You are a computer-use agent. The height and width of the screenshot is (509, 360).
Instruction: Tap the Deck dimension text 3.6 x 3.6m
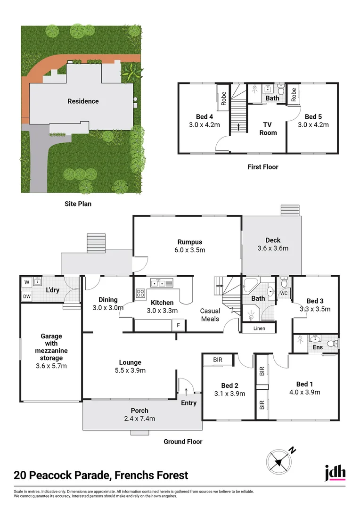tap(273, 248)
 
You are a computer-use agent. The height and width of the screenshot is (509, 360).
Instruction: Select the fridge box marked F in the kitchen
tap(179, 325)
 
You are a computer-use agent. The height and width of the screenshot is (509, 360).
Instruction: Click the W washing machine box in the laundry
tap(27, 283)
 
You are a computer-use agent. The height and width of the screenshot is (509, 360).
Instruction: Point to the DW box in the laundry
tap(27, 296)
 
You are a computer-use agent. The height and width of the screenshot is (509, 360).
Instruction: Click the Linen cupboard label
tap(259, 328)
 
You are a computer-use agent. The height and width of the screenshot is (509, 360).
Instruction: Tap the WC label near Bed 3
tap(283, 293)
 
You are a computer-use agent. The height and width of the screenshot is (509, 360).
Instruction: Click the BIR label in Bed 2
tap(218, 360)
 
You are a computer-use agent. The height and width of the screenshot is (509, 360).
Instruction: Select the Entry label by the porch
tap(188, 403)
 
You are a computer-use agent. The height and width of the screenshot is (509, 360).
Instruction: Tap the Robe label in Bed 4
tap(223, 98)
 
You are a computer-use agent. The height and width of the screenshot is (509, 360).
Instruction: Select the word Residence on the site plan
tap(83, 101)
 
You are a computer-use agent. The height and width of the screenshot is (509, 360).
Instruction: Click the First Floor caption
tap(263, 167)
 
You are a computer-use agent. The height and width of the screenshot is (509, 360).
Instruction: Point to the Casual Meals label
tap(210, 315)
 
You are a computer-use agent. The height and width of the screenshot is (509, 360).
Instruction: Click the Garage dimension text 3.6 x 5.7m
tap(52, 366)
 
